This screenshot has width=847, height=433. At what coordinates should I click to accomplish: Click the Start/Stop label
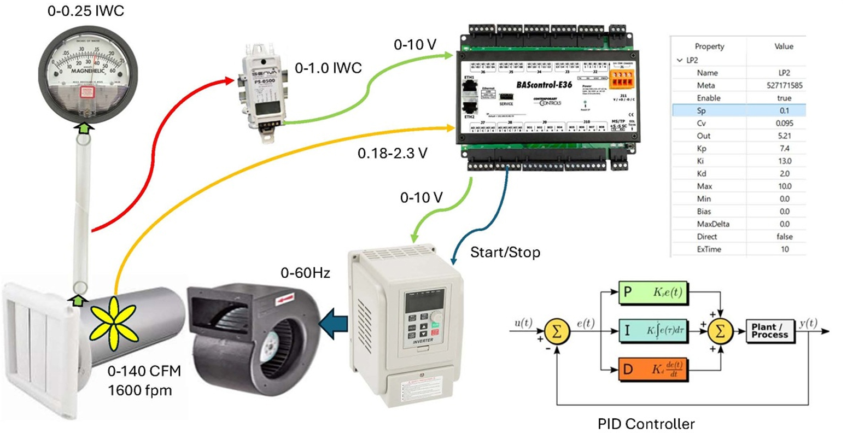[505, 252]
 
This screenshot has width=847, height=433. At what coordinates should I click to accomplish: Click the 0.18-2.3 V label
[392, 154]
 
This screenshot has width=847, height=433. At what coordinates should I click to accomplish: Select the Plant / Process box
[770, 331]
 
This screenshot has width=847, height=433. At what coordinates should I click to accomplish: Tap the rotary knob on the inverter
[436, 318]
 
